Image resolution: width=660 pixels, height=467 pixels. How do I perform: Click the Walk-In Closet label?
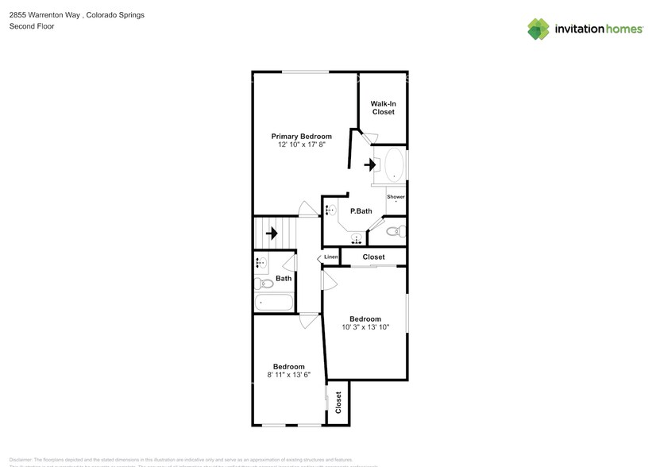tap(383, 107)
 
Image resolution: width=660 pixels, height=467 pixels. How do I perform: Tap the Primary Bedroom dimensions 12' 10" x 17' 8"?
tap(301, 145)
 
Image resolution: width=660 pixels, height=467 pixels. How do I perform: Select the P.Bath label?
tap(361, 211)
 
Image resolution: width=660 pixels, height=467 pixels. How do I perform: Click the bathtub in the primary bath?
tap(394, 166)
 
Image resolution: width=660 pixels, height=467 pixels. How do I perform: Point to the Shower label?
tap(396, 197)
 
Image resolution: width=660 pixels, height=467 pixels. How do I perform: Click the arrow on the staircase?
tap(272, 234)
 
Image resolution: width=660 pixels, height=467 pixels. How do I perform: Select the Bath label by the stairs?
tap(284, 278)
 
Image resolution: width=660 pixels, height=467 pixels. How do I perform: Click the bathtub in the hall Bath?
tap(273, 303)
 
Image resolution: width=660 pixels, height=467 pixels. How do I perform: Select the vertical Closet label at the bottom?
tap(338, 403)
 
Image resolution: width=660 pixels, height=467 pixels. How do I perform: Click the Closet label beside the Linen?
tap(373, 257)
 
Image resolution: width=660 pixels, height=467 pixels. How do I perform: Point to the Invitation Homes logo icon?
tap(538, 29)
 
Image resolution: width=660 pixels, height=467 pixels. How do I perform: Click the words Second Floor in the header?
tap(31, 26)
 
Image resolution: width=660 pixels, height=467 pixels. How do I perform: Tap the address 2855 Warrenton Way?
tap(44, 14)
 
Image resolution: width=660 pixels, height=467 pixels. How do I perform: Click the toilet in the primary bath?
tap(399, 232)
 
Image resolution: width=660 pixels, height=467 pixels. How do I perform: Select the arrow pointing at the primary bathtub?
tap(370, 165)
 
